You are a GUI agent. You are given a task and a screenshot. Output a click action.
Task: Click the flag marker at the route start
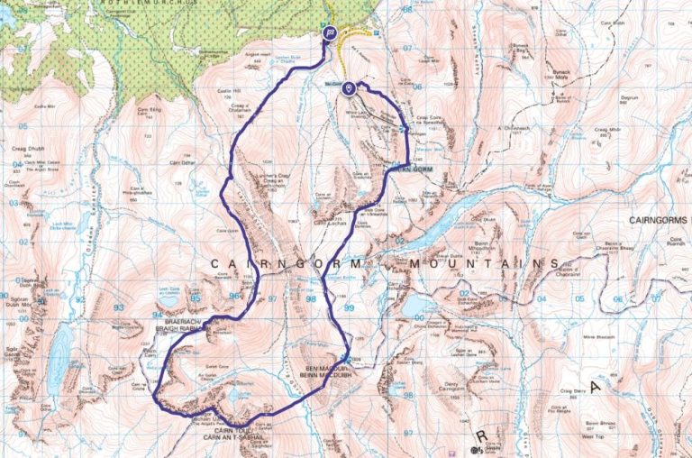330,33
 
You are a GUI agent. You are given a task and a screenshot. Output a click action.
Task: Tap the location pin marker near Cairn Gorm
349,87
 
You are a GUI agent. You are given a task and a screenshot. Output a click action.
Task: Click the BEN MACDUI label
324,368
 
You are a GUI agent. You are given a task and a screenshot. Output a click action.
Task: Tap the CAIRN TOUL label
232,429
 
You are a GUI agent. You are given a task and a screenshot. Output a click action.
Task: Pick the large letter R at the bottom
482,435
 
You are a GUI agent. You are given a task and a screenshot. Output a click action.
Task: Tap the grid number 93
119,308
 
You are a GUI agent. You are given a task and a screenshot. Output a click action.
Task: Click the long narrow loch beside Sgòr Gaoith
59,356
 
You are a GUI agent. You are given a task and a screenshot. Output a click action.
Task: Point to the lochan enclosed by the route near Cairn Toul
236,394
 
